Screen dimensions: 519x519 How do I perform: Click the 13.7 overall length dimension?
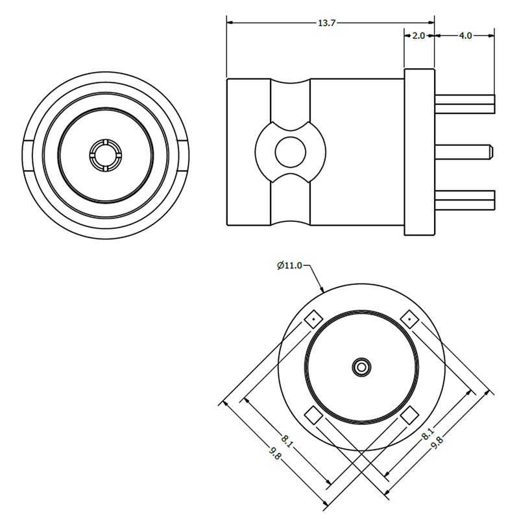[x=327, y=23]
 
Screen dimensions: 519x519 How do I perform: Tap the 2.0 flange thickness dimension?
[x=418, y=36]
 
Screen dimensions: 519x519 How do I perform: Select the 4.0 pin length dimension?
[x=465, y=36]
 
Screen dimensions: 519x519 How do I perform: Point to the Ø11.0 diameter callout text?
[x=289, y=265]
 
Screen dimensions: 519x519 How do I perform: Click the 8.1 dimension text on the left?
[x=287, y=441]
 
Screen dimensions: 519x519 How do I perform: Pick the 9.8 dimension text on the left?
[x=275, y=453]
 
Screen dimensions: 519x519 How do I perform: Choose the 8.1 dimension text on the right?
[x=428, y=433]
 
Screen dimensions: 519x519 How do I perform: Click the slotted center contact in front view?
[x=105, y=155]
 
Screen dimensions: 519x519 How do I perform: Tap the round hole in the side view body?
[x=290, y=152]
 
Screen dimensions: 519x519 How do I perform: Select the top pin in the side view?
[x=465, y=104]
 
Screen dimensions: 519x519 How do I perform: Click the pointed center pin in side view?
[x=464, y=152]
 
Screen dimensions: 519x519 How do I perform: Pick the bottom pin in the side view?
[x=465, y=200]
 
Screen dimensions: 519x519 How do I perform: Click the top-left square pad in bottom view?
[x=313, y=319]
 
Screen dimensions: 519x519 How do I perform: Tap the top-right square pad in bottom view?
[x=410, y=319]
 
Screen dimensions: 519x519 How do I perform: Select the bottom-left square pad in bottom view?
[x=313, y=415]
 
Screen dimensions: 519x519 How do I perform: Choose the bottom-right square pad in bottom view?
[x=410, y=415]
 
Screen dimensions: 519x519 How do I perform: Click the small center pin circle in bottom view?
[x=361, y=367]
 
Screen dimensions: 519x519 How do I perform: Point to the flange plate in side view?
[x=419, y=152]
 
